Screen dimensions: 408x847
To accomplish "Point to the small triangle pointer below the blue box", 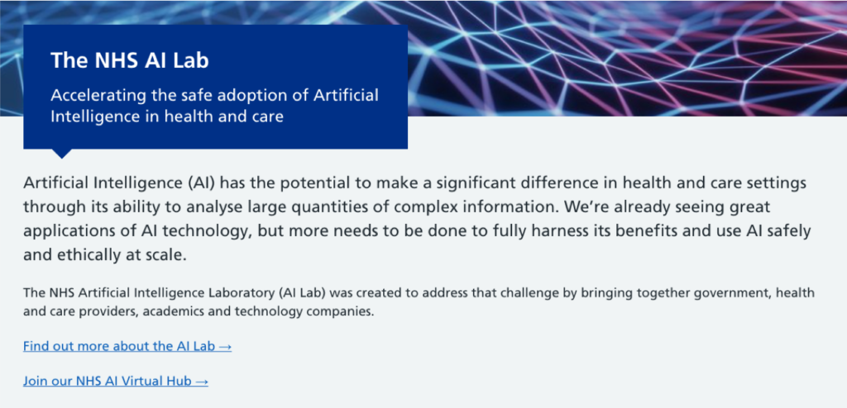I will point(62,153).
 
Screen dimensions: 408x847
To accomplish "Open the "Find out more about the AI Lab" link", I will point(127,346).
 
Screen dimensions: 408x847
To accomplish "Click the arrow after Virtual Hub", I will point(201,381).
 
